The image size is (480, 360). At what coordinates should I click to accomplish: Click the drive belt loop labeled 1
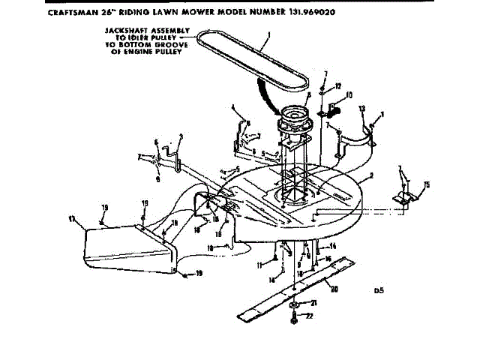(225, 52)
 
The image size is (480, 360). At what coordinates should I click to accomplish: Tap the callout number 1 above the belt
(267, 34)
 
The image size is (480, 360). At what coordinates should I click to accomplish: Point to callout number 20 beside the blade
(334, 289)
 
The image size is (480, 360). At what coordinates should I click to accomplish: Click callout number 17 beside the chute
(72, 219)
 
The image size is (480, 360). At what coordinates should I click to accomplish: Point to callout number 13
(362, 109)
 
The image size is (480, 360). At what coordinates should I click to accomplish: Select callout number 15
(427, 184)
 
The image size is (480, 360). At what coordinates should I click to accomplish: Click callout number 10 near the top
(349, 95)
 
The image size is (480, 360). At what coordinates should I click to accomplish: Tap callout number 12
(338, 85)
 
